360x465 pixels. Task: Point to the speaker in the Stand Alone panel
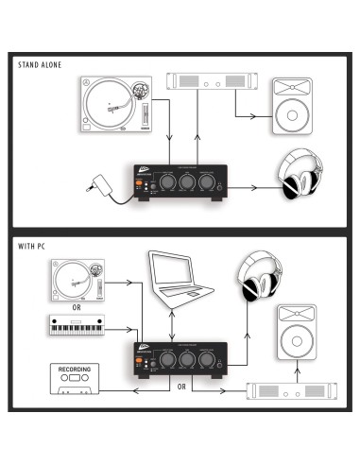[x=294, y=105]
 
